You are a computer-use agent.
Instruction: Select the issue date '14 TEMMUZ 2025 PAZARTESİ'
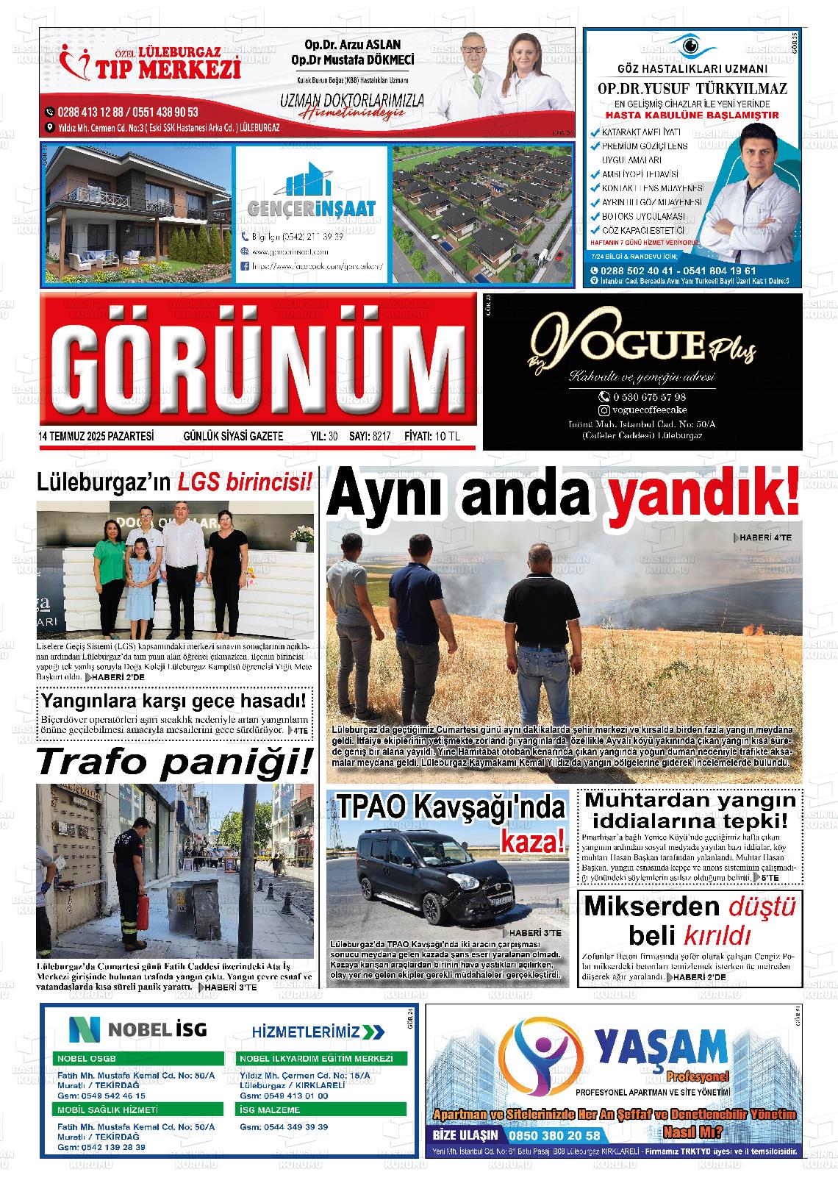[96, 436]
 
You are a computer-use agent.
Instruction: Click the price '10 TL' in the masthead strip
[447, 436]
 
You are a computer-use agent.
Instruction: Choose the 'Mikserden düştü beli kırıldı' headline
[690, 921]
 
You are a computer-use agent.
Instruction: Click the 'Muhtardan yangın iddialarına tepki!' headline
[690, 810]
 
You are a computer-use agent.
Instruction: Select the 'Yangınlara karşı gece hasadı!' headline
[173, 701]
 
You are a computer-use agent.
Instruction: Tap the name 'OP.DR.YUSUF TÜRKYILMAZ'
[692, 89]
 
